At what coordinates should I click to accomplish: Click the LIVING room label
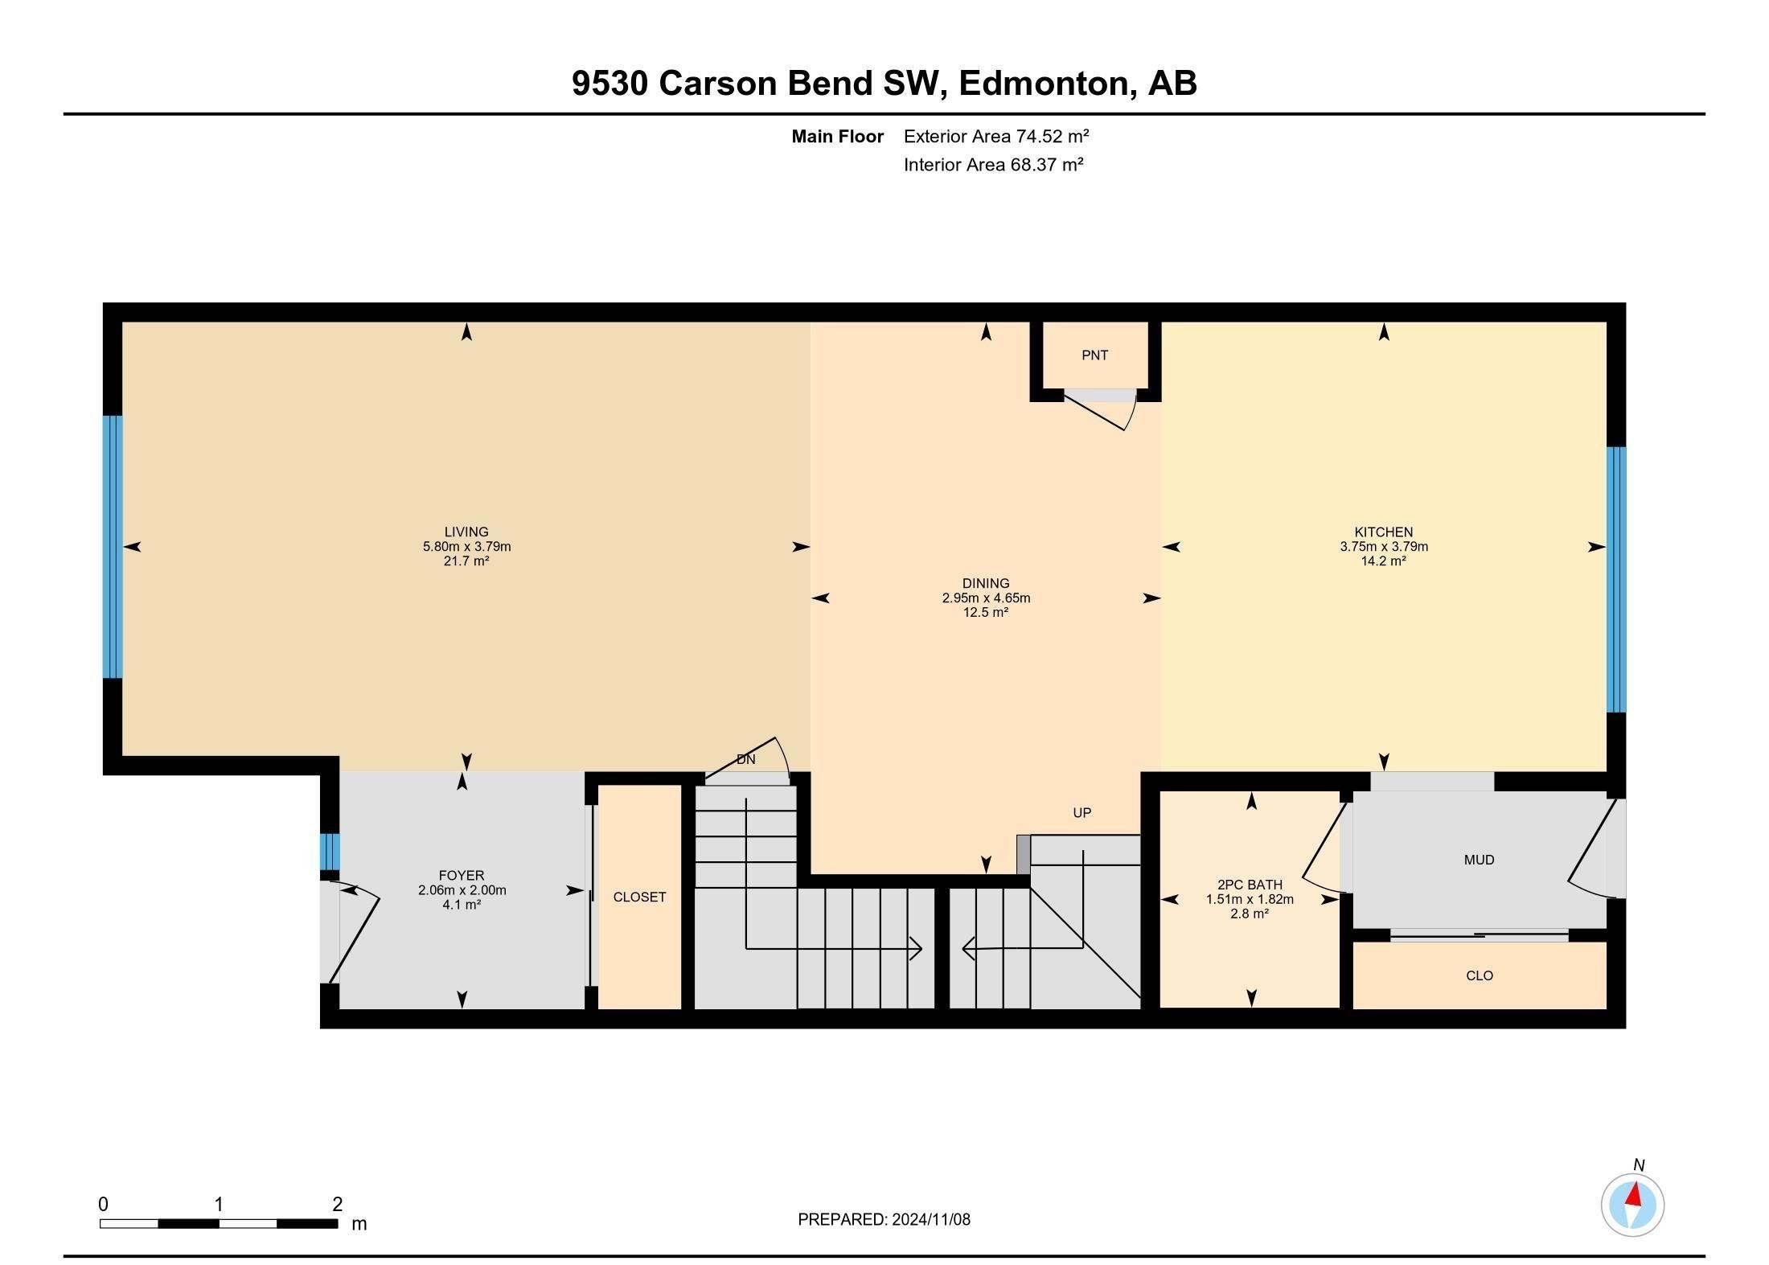click(x=466, y=532)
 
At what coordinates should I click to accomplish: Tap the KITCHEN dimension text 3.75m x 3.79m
click(x=1383, y=547)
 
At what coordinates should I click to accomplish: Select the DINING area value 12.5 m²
click(x=986, y=613)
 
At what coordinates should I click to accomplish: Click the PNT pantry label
click(x=1094, y=355)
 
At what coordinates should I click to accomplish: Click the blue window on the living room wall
click(x=113, y=547)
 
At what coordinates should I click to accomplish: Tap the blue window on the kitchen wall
click(x=1615, y=579)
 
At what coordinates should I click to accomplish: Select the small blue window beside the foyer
click(x=330, y=851)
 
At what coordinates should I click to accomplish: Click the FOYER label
click(x=462, y=876)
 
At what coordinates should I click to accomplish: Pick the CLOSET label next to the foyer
click(x=639, y=897)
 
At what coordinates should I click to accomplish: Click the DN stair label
click(x=745, y=760)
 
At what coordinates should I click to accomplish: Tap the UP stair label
click(x=1082, y=813)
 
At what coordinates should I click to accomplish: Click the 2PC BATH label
click(x=1250, y=885)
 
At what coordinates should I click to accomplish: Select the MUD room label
click(x=1479, y=860)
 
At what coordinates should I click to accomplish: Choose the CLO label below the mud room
click(x=1479, y=976)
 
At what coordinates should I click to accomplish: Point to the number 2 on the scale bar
click(x=337, y=1205)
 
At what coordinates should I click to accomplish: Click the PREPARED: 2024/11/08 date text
click(x=884, y=1220)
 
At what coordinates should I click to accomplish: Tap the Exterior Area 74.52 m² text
click(x=995, y=137)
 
